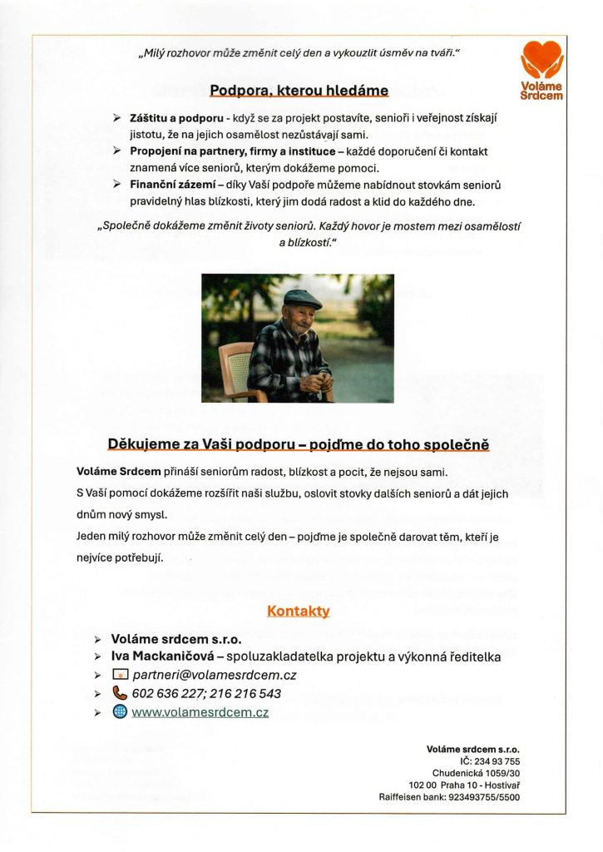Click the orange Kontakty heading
[299, 611]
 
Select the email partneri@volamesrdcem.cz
[215, 675]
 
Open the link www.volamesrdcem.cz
[200, 711]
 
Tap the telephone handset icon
[120, 693]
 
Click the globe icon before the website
[120, 711]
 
